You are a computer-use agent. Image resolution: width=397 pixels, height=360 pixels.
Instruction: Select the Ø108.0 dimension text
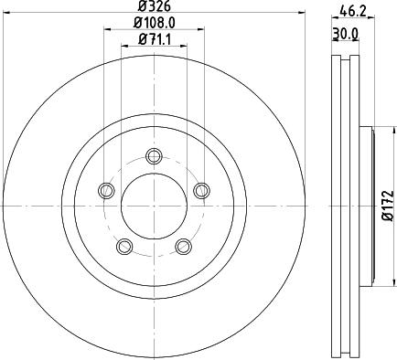153,23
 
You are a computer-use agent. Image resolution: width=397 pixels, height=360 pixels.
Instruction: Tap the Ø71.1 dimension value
153,39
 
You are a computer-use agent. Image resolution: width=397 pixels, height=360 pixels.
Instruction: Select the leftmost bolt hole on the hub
105,190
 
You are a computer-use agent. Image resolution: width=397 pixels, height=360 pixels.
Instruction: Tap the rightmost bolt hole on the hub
201,189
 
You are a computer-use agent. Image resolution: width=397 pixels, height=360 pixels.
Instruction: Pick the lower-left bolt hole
123,245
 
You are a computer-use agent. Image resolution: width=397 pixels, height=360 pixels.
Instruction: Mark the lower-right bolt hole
183,245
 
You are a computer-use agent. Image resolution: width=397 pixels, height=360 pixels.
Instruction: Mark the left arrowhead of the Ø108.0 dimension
106,29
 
